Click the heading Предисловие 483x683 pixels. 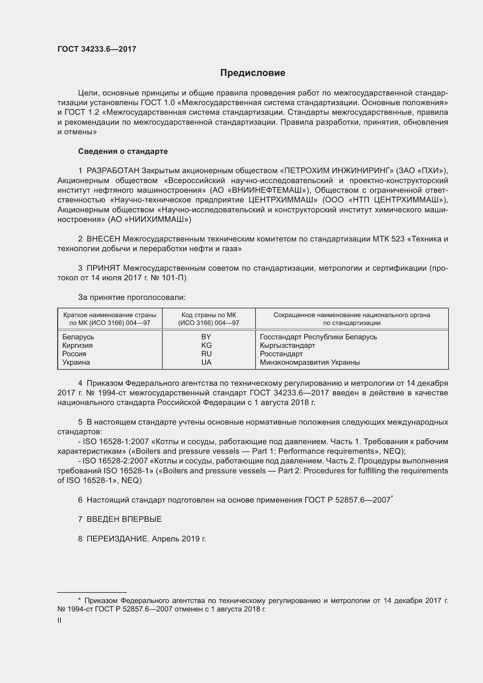pos(253,73)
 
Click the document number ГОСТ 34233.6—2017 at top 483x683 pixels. pos(97,49)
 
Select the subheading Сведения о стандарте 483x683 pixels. pos(123,152)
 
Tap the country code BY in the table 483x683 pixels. pos(206,337)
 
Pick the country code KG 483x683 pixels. pos(206,345)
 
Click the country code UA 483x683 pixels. pos(206,362)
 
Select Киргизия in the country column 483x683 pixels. pos(77,345)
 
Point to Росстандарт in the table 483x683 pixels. pos(281,354)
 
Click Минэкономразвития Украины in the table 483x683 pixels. pos(310,362)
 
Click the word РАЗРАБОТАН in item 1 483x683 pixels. pos(113,171)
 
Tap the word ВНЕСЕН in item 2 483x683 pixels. pos(103,239)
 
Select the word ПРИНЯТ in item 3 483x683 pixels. pos(103,268)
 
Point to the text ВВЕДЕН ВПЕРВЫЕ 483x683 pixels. pos(124,519)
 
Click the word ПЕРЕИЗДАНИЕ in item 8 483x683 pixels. pos(118,539)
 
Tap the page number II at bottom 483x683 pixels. pos(60,621)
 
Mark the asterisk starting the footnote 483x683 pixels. pos(79,600)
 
